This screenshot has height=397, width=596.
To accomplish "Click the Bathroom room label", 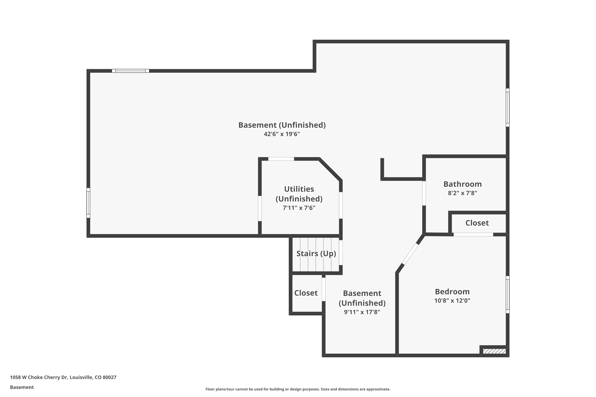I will pos(462,184).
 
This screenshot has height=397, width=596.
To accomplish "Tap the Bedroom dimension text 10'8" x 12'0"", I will pos(452,301).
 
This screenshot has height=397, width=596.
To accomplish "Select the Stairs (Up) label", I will pos(316,253).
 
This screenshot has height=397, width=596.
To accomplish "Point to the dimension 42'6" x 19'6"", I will pos(282,134).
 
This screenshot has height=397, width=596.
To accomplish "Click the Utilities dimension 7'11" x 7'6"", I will pos(299,208).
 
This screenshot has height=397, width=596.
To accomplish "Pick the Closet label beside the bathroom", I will pos(477,223).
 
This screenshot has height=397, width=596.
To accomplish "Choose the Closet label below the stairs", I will pos(306,293).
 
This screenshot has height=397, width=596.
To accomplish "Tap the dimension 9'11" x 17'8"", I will pos(362,312).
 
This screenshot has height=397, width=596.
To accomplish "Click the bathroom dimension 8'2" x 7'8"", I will pos(462,193).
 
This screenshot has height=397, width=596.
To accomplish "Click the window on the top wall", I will pos(131,71).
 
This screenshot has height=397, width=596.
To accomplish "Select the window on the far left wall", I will pos(88,203).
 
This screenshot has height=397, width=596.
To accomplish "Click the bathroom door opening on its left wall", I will pos(424,193).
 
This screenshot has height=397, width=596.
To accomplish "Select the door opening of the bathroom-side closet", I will pos(473,235).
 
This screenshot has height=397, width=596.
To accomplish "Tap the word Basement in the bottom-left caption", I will pos(22,387).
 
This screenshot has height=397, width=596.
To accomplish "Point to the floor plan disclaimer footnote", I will pos(298,389).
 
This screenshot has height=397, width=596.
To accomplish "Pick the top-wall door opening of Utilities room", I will pos(281,159).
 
